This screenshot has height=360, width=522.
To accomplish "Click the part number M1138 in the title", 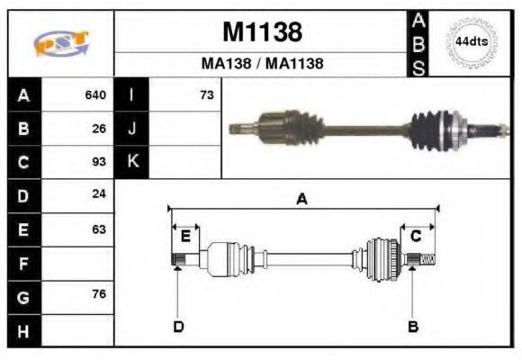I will tap(262, 32).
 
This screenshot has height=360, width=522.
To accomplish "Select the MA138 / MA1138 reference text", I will tap(262, 64).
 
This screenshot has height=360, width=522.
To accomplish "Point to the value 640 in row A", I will tap(95, 94).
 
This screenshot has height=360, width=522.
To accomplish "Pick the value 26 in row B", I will tap(99, 129).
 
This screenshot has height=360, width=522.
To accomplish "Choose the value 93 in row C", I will tap(99, 163).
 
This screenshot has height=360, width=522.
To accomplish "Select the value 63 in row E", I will tap(99, 229).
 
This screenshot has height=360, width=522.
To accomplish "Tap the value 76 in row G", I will tap(99, 295).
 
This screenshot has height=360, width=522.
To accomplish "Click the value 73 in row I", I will tap(206, 94).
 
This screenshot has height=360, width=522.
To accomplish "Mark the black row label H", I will tap(23, 330).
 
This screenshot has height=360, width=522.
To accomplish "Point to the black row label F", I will tap(23, 264).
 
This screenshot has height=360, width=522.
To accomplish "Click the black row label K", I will tap(131, 163).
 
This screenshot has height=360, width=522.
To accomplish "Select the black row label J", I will tap(131, 129).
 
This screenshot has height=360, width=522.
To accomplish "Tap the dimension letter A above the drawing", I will tap(302, 200).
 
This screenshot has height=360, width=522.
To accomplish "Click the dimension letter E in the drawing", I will tap(185, 237).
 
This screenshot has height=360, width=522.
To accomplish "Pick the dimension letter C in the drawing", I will tap(417, 237).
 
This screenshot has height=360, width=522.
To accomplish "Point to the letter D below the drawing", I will tap(178, 326).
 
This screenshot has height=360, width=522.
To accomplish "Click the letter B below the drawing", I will tap(413, 326).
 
